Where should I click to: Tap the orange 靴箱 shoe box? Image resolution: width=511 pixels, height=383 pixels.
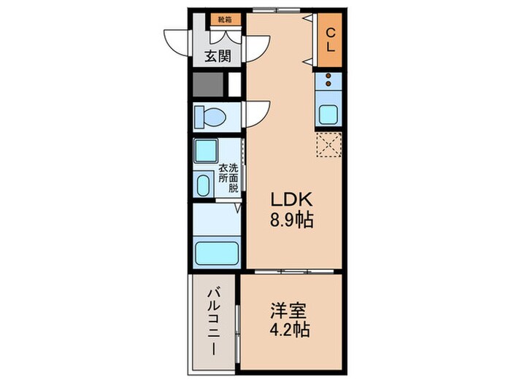click(x=223, y=20)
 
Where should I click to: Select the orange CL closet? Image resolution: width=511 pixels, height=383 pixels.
click(x=330, y=39)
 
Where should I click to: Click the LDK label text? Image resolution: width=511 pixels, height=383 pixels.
click(x=292, y=199)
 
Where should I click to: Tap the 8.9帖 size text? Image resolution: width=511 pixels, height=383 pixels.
click(x=293, y=220)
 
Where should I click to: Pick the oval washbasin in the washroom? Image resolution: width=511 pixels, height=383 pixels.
click(x=204, y=185)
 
